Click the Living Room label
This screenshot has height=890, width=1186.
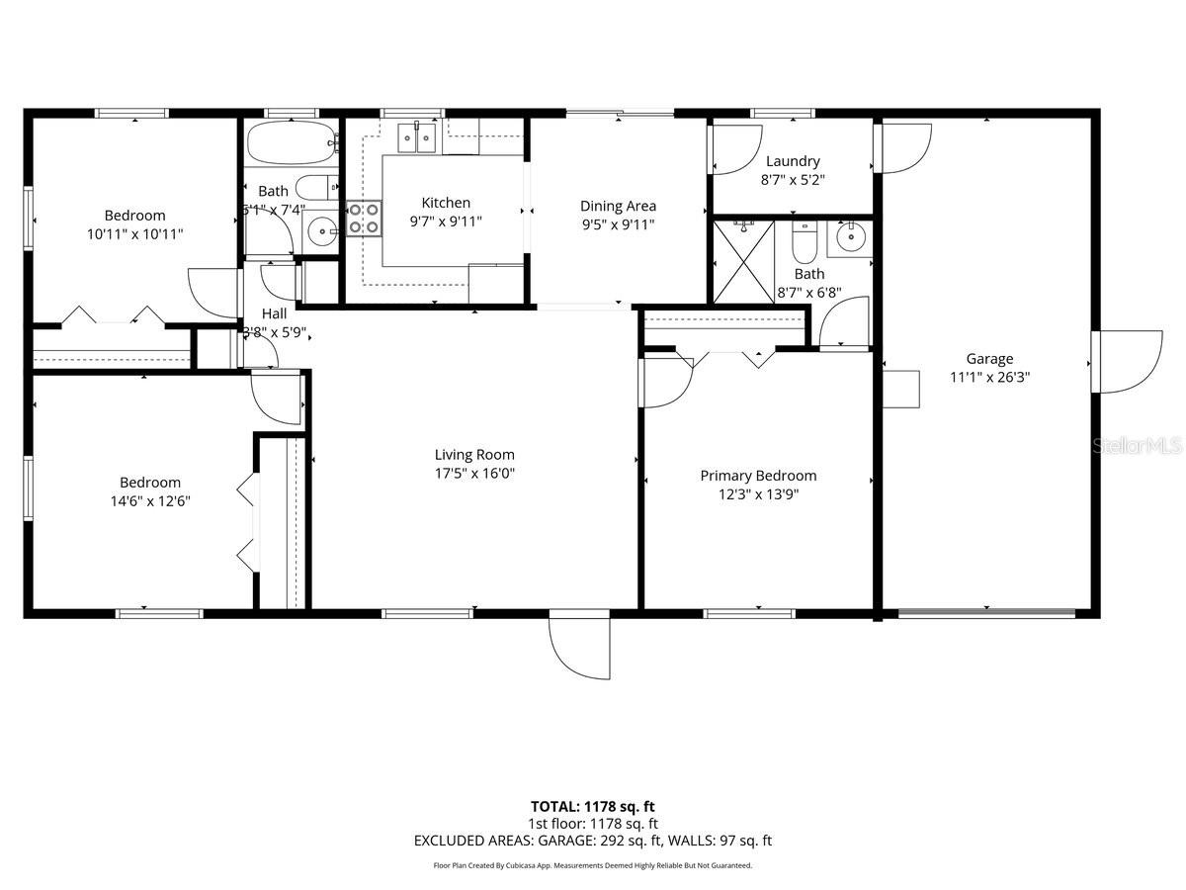click(x=474, y=455)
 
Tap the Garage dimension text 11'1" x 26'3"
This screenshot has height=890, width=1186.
click(x=989, y=377)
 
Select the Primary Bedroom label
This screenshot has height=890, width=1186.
click(x=758, y=476)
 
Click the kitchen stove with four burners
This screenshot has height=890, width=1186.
click(x=364, y=219)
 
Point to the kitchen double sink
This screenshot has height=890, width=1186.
click(x=419, y=137)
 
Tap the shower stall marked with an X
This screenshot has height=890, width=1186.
click(x=743, y=262)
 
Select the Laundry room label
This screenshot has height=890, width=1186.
click(x=792, y=161)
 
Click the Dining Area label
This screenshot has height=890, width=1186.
click(x=618, y=206)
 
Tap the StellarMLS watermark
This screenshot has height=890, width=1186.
click(x=1137, y=447)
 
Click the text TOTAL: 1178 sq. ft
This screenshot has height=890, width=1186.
click(x=593, y=806)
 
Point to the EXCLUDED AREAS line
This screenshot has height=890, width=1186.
click(x=593, y=841)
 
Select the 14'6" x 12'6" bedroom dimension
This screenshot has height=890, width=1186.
click(x=150, y=500)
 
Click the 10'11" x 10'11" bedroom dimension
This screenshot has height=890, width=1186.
click(x=135, y=233)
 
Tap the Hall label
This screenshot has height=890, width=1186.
click(x=274, y=313)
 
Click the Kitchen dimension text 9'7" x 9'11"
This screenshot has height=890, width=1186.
click(x=446, y=221)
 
